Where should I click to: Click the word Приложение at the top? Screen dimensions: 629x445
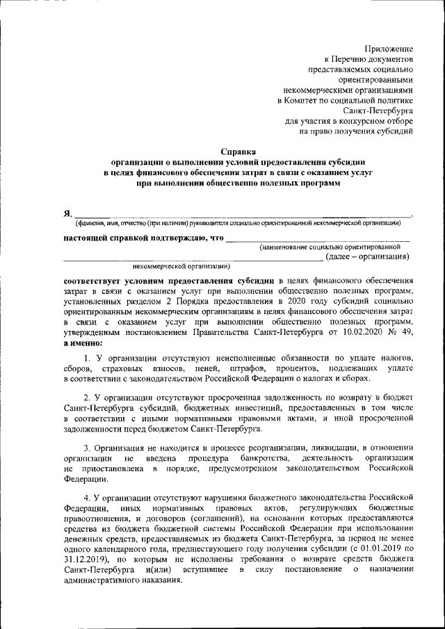389,49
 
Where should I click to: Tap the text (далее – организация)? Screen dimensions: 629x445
366,256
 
